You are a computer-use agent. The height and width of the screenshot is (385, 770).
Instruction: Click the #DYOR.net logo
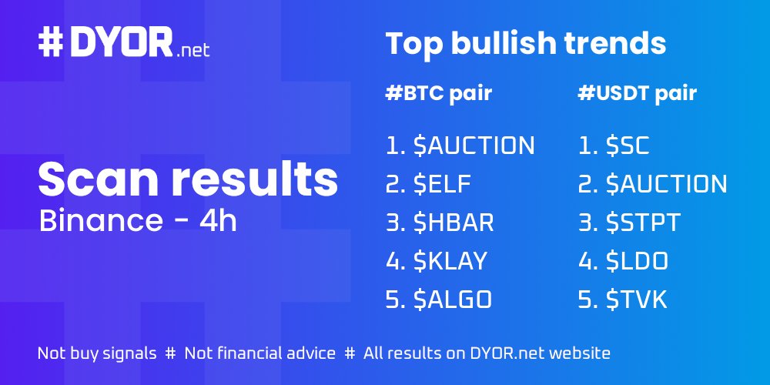click(123, 45)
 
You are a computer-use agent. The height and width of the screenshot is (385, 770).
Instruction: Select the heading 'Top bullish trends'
click(525, 45)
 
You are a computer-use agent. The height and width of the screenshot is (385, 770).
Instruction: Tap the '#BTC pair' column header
click(438, 94)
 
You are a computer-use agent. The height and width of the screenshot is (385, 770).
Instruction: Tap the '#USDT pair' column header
click(637, 94)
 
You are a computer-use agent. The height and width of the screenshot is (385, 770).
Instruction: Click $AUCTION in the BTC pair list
click(460, 145)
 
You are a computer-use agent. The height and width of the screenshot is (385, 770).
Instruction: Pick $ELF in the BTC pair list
click(428, 184)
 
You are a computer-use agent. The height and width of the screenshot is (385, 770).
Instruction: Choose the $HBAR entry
click(440, 223)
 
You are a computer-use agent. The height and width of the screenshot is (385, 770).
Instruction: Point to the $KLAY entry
click(437, 261)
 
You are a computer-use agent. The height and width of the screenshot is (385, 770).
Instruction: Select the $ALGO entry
click(439, 300)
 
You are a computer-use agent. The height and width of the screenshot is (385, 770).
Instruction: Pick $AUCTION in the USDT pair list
click(652, 184)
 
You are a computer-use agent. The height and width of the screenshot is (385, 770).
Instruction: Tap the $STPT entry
click(629, 223)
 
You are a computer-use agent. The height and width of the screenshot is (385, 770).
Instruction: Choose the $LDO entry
click(623, 261)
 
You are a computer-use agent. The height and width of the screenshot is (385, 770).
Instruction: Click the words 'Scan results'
click(188, 179)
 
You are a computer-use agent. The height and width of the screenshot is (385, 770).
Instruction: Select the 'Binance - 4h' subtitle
click(138, 221)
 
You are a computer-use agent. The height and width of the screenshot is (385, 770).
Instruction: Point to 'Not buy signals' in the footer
click(96, 353)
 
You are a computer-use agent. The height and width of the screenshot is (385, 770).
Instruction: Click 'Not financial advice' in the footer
click(260, 353)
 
